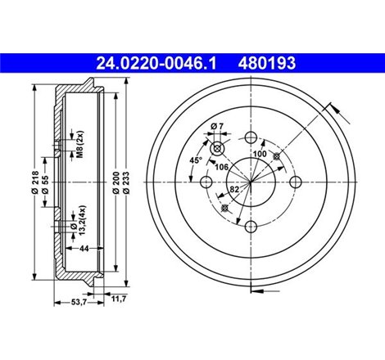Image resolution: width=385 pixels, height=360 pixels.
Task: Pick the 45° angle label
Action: pos(196,160)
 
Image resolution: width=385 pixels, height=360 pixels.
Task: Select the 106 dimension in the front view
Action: pos(220,167)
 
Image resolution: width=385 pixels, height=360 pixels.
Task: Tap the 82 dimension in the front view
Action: pos(236,190)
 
